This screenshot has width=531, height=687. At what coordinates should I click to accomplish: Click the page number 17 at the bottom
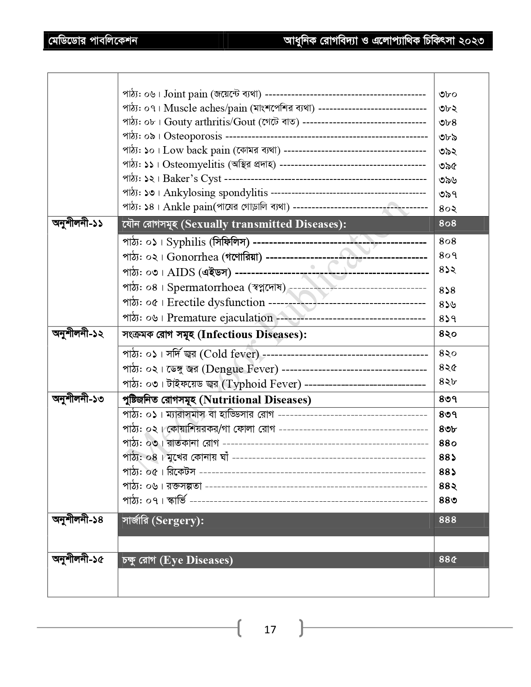270,629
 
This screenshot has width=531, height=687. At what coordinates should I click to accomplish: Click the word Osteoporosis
193,136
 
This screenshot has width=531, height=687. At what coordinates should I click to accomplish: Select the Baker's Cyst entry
192,179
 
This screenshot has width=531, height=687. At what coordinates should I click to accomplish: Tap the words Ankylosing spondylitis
215,193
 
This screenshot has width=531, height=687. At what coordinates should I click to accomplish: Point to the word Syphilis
186,242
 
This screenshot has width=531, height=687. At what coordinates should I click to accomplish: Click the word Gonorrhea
192,257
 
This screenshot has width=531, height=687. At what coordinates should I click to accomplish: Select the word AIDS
181,272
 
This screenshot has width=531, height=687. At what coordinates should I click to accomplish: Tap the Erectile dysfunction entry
216,302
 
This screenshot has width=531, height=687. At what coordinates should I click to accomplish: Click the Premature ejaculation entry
219,318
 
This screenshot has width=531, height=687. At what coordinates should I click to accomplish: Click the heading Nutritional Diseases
255,400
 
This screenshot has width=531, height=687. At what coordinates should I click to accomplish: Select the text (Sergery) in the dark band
178,521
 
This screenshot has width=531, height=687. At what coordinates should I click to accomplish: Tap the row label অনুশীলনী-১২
77,334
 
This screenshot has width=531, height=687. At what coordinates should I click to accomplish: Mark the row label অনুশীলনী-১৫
77,559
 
